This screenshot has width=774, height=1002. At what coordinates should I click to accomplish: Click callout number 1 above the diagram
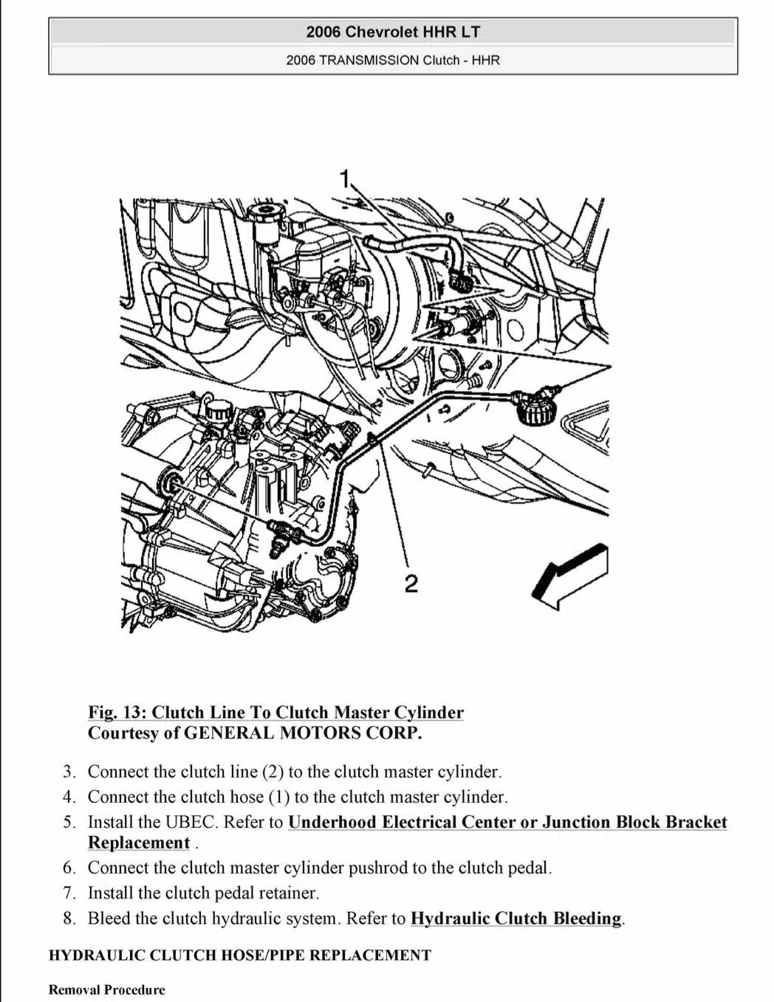344,178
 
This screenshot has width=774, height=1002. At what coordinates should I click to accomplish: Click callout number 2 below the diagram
411,584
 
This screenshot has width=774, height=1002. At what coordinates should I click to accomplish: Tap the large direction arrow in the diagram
570,576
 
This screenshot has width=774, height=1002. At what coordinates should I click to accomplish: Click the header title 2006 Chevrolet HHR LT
393,32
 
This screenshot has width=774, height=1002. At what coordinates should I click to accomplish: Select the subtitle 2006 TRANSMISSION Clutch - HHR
393,60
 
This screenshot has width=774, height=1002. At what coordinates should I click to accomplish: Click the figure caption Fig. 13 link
275,713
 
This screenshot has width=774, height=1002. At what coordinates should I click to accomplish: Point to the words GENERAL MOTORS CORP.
303,733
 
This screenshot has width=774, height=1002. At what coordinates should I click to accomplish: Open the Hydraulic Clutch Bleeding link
516,919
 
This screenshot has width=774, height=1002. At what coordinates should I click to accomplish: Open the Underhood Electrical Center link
507,823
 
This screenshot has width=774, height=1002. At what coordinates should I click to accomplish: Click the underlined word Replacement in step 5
139,843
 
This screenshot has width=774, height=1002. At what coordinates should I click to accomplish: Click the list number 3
69,773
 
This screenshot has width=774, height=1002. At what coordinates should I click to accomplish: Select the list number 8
69,919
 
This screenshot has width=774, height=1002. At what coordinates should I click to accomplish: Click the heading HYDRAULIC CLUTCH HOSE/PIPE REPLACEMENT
240,956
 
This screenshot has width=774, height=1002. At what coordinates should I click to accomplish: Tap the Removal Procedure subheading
107,990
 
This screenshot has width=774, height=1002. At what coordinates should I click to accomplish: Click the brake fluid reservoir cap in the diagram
262,215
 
